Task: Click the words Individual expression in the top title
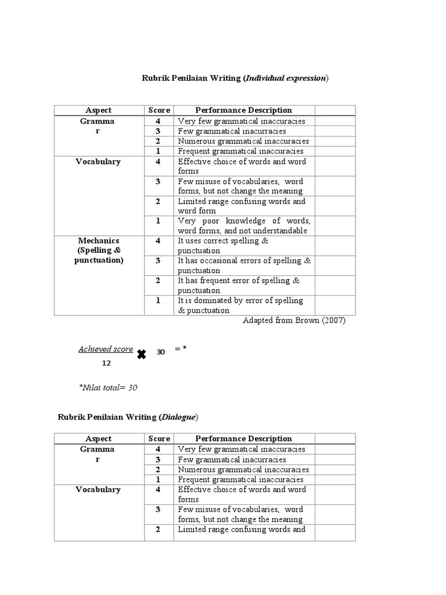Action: (287, 78)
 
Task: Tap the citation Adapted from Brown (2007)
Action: (294, 321)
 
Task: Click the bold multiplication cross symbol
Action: (141, 354)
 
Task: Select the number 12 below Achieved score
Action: (106, 363)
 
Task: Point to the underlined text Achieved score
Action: (106, 349)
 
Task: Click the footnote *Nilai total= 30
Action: (108, 388)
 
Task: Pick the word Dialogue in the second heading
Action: (179, 417)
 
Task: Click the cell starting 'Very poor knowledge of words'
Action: (244, 225)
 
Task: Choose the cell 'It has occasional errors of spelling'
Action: (244, 266)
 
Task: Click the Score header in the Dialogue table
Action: (159, 439)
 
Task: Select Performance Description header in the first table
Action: (244, 110)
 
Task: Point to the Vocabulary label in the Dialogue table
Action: (99, 489)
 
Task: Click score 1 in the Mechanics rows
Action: (158, 300)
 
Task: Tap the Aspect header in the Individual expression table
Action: (99, 110)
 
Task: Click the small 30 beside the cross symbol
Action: (161, 352)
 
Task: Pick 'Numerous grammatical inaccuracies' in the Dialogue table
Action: (244, 469)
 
